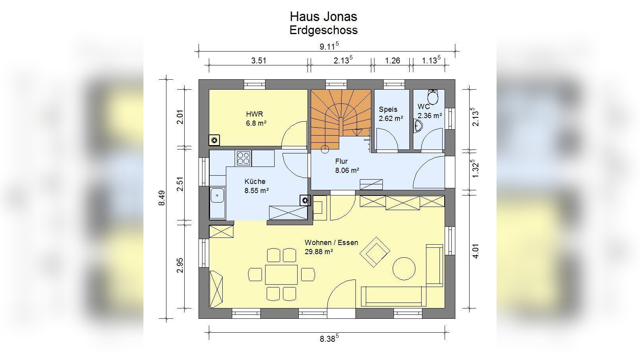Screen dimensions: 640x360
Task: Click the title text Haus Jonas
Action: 323,17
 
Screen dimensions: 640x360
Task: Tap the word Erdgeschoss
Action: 323,30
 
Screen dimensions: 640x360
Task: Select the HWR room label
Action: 254,114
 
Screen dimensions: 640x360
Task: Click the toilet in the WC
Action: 433,97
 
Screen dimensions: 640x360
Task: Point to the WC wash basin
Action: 418,126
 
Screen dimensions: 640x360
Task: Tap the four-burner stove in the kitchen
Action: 243,159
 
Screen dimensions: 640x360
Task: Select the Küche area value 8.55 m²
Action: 256,190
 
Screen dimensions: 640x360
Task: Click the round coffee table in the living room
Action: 404,268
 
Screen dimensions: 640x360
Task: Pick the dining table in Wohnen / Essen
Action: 281,274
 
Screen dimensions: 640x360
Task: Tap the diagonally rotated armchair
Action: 375,252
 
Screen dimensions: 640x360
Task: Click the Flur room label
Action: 342,161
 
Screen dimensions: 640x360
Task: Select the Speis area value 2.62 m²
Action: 391,119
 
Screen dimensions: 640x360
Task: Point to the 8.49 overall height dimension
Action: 162,198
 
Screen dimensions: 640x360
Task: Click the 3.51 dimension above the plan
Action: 258,61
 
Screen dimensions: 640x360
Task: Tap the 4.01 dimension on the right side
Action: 476,251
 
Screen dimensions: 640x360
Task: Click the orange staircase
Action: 341,119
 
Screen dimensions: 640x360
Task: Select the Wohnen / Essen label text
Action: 331,243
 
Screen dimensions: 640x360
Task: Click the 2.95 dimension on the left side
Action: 180,265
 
